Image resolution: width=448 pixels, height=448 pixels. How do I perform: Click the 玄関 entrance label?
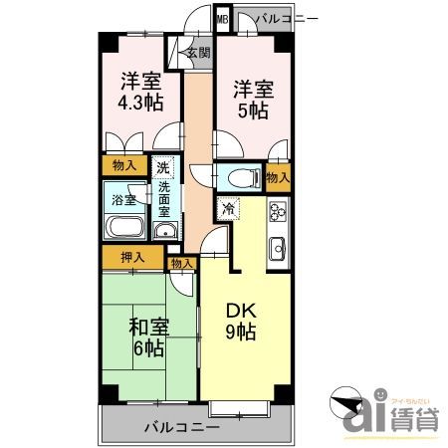[x=197, y=54]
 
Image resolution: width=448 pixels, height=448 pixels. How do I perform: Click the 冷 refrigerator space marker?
[x=228, y=210]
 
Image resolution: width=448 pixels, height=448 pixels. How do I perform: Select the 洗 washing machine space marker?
[x=162, y=167]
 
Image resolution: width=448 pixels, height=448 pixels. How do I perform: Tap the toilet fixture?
[x=240, y=179]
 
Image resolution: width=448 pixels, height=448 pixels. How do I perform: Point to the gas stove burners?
[x=276, y=212]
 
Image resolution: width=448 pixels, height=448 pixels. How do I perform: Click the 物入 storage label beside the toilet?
[x=278, y=177]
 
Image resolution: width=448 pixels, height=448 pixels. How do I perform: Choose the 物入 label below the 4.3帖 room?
[x=122, y=166]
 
